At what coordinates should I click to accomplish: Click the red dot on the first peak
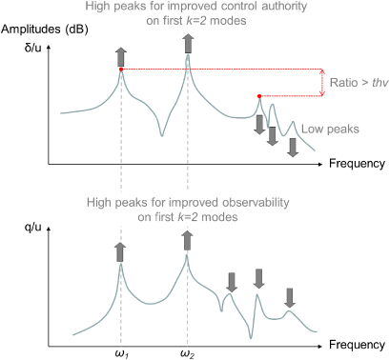[x=121, y=69]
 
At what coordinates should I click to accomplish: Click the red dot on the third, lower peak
[x=259, y=95]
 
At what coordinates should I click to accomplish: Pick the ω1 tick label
[x=121, y=353]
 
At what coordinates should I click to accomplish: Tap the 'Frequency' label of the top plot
[x=357, y=164]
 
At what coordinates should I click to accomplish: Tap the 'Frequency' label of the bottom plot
[x=357, y=343]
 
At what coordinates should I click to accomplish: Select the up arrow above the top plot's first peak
[x=121, y=53]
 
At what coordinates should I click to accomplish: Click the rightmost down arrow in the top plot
[x=293, y=145]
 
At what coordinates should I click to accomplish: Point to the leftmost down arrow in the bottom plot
[x=231, y=282]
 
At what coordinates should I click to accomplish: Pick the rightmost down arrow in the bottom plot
[x=291, y=295]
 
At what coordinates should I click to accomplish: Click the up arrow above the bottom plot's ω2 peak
[x=187, y=241]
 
